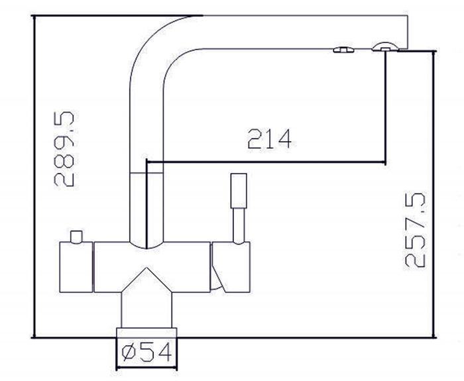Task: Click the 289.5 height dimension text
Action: (64, 149)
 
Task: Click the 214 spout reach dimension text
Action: (270, 139)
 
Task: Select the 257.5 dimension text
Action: (415, 231)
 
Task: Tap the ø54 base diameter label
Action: (146, 352)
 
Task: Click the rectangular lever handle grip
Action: (239, 191)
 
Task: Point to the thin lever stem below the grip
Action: (239, 225)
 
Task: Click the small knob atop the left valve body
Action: (76, 237)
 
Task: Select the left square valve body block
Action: (76, 267)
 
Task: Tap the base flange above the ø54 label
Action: (146, 333)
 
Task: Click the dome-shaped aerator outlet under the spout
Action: (385, 47)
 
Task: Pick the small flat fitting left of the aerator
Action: (343, 50)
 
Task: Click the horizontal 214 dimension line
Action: (266, 162)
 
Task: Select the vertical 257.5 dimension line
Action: (434, 194)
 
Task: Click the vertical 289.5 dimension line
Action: (34, 176)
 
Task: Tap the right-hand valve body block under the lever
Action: (231, 267)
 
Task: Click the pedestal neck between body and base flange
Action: (146, 310)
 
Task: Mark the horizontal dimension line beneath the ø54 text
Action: (146, 368)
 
